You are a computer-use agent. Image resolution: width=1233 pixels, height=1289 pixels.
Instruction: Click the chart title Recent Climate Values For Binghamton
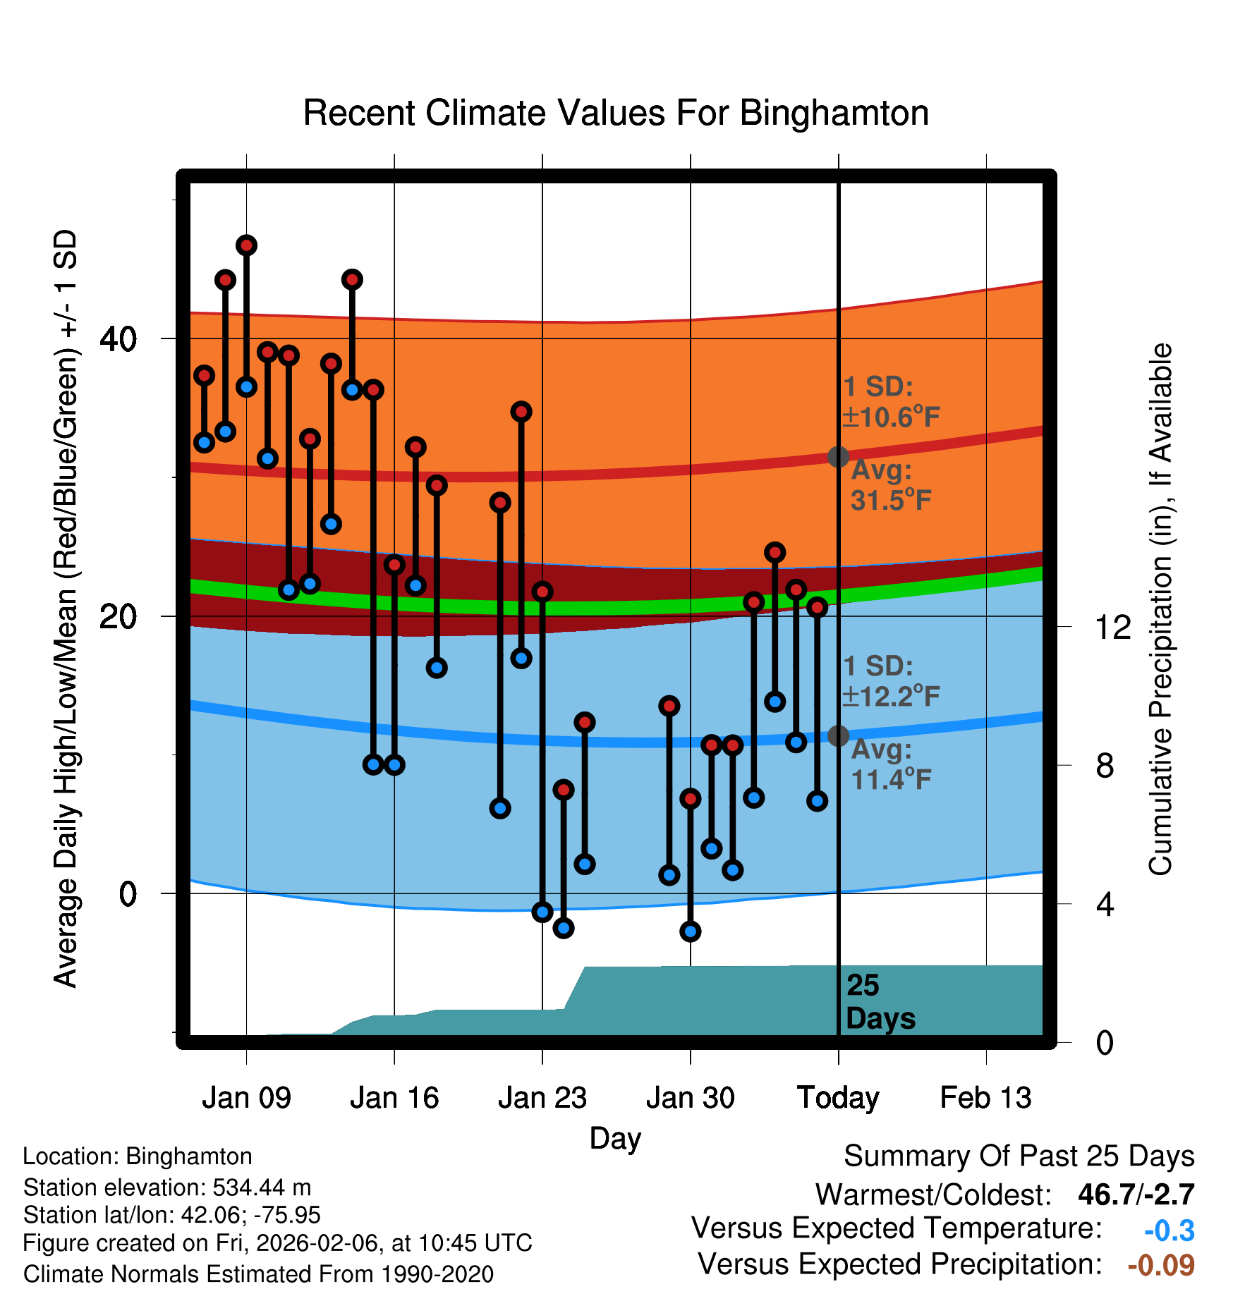(x=616, y=113)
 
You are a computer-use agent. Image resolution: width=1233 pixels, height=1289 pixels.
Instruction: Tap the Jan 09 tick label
(x=246, y=1098)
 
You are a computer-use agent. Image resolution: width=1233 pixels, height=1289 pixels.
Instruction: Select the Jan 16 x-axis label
(x=394, y=1098)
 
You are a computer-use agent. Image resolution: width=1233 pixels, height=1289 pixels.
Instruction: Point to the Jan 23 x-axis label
(x=542, y=1098)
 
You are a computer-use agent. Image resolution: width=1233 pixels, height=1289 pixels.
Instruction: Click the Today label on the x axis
(x=838, y=1098)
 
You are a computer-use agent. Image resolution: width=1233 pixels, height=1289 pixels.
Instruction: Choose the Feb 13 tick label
(x=985, y=1098)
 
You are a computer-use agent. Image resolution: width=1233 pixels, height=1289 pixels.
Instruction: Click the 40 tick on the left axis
(x=118, y=339)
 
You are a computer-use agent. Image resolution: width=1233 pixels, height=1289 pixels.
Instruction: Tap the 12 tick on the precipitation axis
(x=1113, y=627)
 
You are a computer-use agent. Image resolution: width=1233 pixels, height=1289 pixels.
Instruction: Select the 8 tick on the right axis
(x=1105, y=765)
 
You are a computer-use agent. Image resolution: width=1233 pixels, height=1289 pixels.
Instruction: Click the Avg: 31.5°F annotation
(x=890, y=486)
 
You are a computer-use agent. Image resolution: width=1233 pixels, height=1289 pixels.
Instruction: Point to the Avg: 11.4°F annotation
(x=890, y=764)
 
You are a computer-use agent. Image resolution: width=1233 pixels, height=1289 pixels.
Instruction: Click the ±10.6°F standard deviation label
(x=890, y=417)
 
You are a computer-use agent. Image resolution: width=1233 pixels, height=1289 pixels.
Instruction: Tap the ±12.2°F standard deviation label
(x=890, y=696)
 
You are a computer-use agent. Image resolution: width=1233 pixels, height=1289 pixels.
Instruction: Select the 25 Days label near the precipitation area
(x=879, y=1002)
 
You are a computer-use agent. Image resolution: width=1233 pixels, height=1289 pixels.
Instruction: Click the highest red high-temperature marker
(x=246, y=245)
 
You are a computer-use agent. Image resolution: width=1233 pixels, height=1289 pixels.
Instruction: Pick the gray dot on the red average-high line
(x=838, y=457)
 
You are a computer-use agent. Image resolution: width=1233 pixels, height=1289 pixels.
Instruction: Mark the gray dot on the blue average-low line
(x=838, y=735)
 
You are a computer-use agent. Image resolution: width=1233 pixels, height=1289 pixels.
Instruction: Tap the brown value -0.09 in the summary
(x=1161, y=1265)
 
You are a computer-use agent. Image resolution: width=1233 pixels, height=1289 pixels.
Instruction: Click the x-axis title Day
(x=615, y=1139)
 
